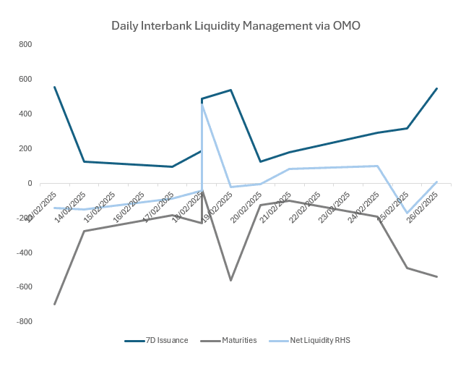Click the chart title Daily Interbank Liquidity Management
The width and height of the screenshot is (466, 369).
236,26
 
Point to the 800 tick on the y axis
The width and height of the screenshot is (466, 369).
25,45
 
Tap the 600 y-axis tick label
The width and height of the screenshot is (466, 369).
25,80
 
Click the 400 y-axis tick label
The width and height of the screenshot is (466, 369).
25,114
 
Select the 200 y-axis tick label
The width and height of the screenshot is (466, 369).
25,149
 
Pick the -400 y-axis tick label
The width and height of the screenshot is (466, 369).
23,253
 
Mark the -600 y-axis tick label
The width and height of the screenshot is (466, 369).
23,287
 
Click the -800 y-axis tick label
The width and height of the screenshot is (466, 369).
23,322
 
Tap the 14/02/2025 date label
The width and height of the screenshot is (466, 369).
70,207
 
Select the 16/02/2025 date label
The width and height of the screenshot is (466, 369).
129,207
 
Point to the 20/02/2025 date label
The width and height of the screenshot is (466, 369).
246,207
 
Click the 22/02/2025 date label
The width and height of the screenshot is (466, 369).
304,207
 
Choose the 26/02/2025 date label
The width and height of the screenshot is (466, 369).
421,207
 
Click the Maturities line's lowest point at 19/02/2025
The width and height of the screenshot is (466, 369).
230,280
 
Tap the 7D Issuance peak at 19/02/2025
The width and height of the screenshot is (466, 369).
230,90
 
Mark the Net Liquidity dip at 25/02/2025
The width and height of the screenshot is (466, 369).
407,213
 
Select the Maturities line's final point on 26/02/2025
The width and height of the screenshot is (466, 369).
437,276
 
